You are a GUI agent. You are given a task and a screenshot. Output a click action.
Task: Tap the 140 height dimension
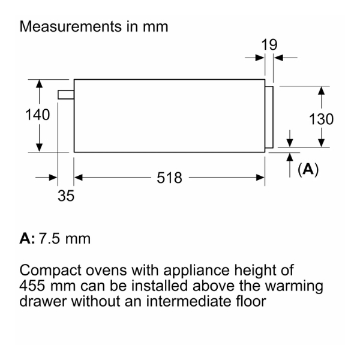(37, 115)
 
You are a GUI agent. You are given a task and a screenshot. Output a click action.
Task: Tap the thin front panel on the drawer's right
(269, 117)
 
